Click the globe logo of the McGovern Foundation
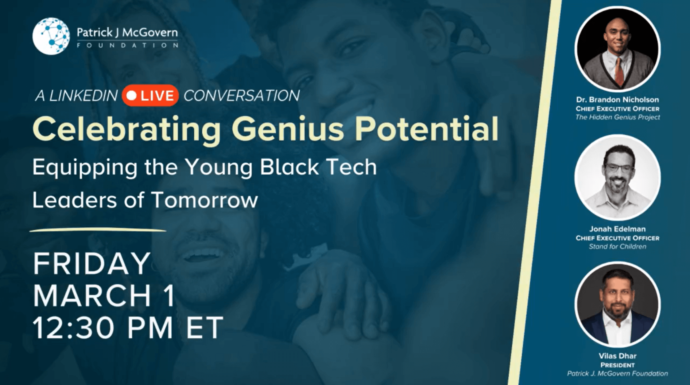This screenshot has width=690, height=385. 51,36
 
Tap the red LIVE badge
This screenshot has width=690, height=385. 150,96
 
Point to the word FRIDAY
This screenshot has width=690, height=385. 92,264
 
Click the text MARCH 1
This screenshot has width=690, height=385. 104,296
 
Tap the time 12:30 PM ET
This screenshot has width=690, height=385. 128,327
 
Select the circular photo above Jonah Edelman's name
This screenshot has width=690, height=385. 617,177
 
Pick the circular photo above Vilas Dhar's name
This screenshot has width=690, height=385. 617,304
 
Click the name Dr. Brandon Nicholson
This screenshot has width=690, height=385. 617,100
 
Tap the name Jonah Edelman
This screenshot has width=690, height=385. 617,229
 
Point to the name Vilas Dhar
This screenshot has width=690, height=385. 617,356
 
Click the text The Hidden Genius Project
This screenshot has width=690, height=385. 618,117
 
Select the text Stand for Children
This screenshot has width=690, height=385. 617,247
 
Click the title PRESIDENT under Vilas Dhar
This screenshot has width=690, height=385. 617,365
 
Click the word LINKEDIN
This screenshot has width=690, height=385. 83,96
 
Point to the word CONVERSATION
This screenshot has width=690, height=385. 241,96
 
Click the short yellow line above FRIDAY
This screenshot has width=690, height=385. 98,230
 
